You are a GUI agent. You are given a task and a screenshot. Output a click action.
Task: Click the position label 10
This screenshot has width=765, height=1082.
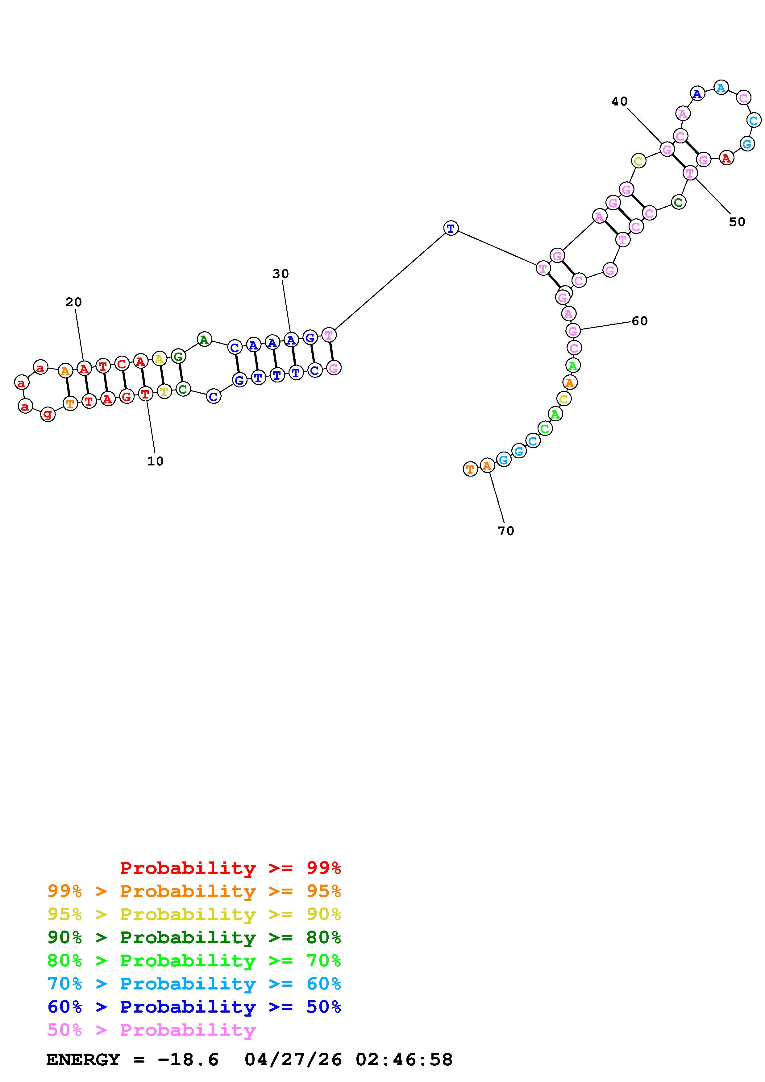pyautogui.click(x=155, y=461)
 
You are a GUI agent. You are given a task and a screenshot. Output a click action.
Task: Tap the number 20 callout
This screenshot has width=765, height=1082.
pyautogui.click(x=73, y=302)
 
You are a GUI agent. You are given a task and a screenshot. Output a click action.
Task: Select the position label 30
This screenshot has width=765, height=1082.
pyautogui.click(x=281, y=274)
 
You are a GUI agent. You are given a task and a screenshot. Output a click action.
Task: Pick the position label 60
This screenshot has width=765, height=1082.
pyautogui.click(x=640, y=321)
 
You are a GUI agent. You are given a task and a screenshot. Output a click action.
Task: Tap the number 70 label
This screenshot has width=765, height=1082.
pyautogui.click(x=506, y=531)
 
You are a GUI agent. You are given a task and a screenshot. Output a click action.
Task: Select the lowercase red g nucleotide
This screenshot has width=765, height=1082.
pyautogui.click(x=48, y=414)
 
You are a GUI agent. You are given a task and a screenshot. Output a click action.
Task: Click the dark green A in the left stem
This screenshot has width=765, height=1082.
pyautogui.click(x=204, y=339)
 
